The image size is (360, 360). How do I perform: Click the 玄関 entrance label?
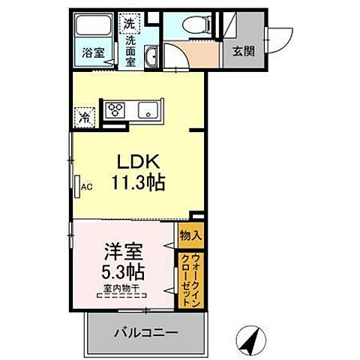241,52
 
